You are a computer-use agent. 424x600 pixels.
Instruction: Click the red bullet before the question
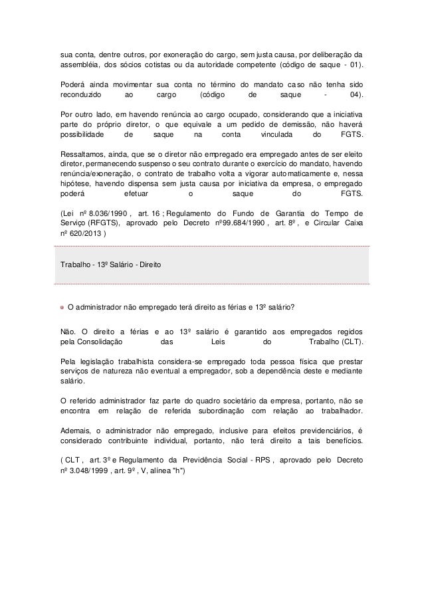pos(62,308)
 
